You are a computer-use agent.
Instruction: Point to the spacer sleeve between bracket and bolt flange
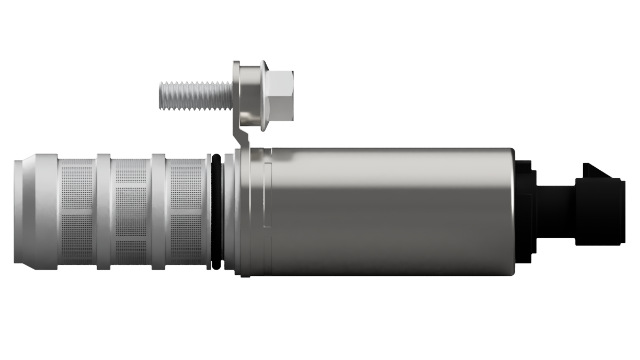[250, 94]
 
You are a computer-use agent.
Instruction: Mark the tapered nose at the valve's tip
[18, 212]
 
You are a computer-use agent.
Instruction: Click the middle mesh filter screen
[131, 212]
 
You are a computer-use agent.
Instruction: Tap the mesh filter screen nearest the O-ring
[185, 212]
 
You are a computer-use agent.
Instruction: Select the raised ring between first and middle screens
[104, 212]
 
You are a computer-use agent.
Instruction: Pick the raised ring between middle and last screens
[158, 212]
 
